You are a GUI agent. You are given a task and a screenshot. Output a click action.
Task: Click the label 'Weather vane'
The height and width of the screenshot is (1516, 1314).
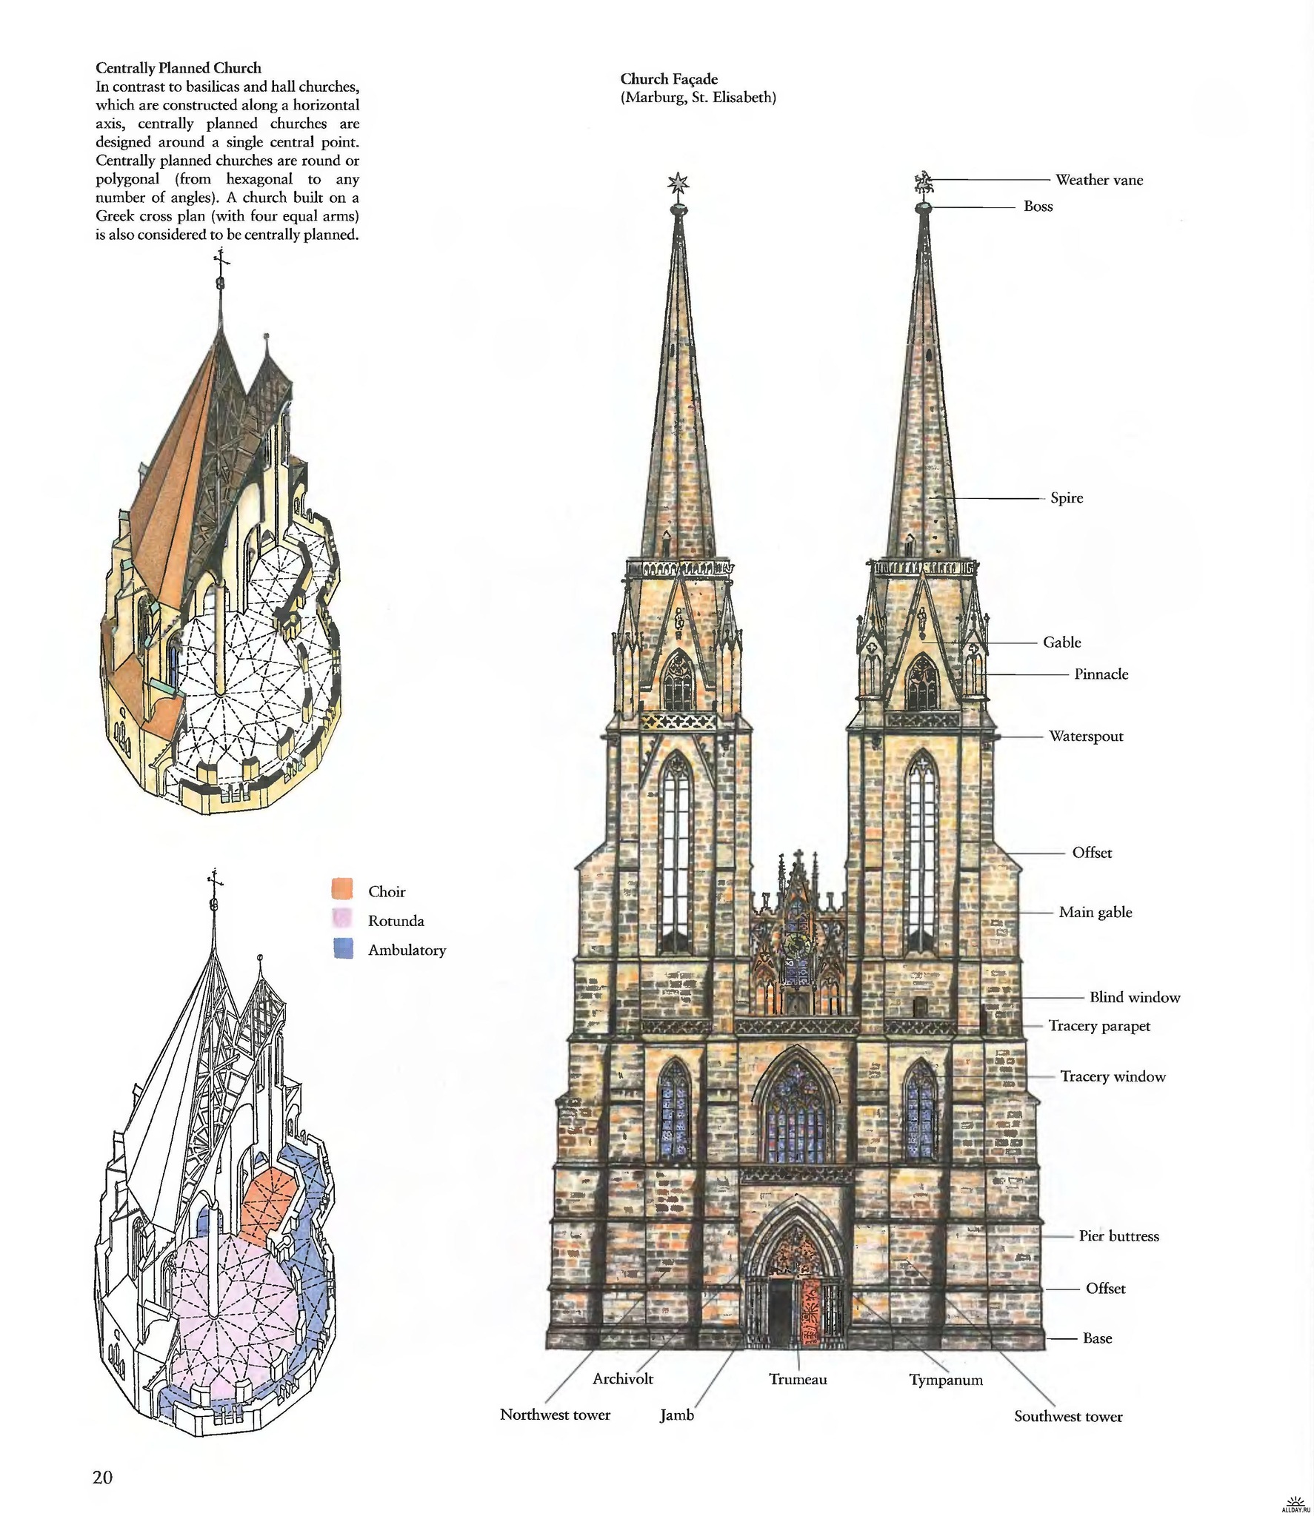(x=1098, y=180)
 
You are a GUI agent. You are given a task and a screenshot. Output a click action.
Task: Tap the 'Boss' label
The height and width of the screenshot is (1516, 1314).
(x=1038, y=207)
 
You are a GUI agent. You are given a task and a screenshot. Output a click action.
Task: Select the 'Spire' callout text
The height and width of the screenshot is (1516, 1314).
(x=1066, y=498)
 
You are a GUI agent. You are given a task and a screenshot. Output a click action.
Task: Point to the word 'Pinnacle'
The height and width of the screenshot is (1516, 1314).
(x=1101, y=674)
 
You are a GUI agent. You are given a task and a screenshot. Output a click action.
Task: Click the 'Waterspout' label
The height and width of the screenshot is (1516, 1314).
(x=1085, y=737)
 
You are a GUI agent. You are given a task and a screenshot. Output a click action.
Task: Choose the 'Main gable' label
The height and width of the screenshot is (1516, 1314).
(x=1095, y=913)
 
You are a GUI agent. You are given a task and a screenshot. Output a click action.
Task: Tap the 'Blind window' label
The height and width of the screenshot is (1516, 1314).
(x=1134, y=998)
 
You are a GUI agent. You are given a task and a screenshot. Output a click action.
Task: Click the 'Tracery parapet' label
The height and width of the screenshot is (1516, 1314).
(x=1099, y=1026)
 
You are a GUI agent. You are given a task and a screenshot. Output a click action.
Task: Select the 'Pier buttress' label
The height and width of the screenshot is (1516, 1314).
(x=1118, y=1236)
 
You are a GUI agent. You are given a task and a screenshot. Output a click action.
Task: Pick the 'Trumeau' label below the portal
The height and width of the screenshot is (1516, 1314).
(x=798, y=1380)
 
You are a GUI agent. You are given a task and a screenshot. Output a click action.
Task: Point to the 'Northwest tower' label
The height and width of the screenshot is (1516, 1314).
(x=555, y=1415)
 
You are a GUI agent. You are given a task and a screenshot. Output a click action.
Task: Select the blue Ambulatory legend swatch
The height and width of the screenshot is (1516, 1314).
(x=342, y=949)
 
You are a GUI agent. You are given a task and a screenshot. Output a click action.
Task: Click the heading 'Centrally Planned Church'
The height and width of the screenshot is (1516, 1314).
(x=178, y=69)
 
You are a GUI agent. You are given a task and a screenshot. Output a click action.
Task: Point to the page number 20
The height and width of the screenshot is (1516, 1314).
(x=102, y=1478)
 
